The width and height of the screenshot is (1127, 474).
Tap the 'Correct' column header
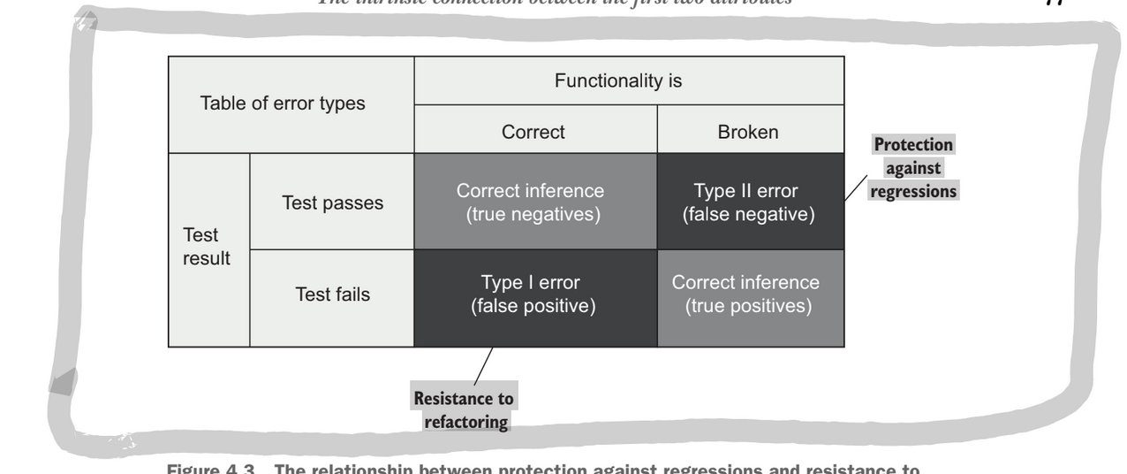(534, 131)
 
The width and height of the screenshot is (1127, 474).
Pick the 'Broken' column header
(749, 131)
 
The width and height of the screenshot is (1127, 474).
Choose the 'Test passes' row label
(332, 203)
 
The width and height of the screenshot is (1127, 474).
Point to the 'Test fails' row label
(331, 295)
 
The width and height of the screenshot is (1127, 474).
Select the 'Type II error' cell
(749, 203)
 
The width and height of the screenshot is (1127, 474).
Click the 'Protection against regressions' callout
(913, 168)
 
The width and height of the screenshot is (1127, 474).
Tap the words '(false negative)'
(749, 215)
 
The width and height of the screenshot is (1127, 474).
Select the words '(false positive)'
(534, 307)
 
